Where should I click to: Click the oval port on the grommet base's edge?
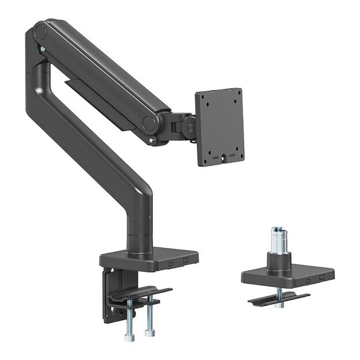click(308, 281)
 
